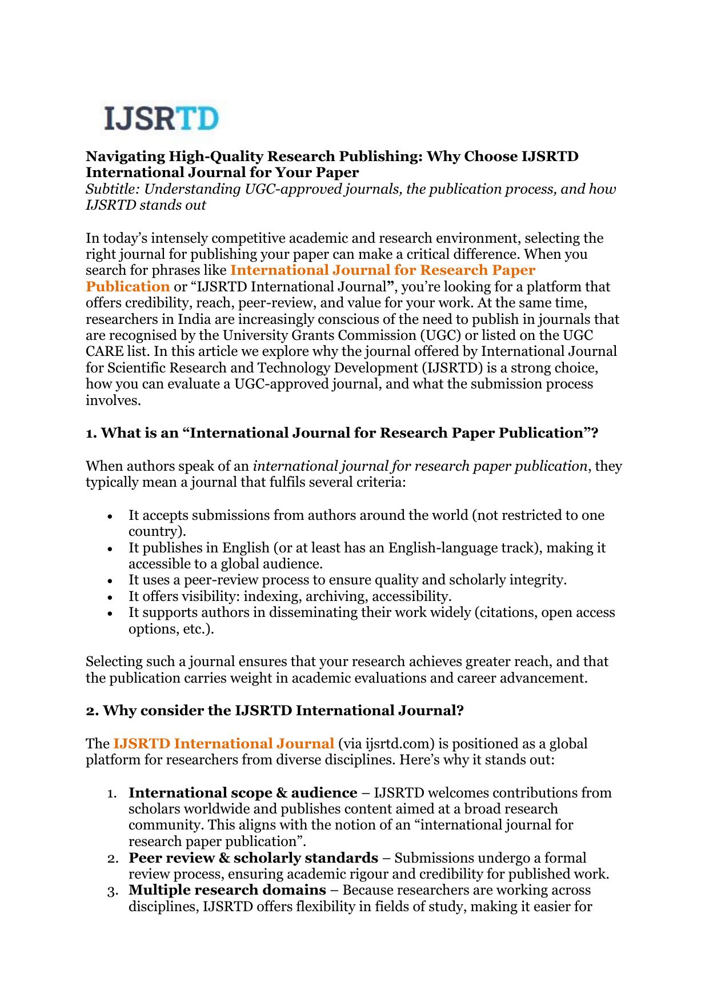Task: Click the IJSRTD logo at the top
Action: (x=162, y=119)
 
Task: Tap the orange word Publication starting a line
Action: (x=128, y=287)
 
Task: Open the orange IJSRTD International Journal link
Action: (x=223, y=744)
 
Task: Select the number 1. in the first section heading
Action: (x=91, y=434)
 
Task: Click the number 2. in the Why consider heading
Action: (x=92, y=711)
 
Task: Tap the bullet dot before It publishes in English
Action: (x=110, y=548)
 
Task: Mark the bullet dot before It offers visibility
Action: (x=110, y=597)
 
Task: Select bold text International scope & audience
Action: (x=243, y=793)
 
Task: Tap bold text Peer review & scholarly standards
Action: (x=253, y=858)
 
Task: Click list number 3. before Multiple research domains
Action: (x=113, y=891)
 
